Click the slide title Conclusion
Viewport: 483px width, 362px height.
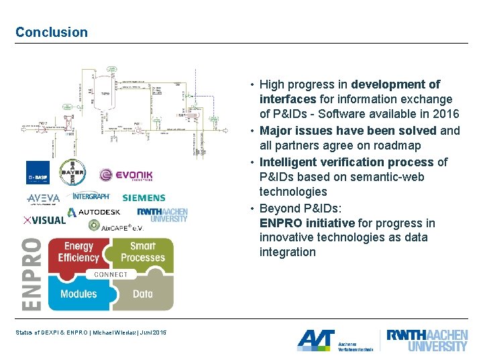pos(52,32)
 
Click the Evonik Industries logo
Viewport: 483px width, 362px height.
pos(125,176)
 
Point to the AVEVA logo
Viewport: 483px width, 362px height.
pos(44,198)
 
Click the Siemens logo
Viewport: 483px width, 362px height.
pos(144,198)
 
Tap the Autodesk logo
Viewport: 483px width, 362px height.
pos(95,213)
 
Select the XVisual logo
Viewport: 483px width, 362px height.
pos(44,219)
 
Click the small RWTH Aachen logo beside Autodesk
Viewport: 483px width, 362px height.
pos(163,215)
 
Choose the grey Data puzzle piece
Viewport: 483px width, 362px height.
pos(143,294)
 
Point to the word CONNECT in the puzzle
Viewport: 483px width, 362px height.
pos(111,274)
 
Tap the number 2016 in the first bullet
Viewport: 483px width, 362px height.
pos(445,114)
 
